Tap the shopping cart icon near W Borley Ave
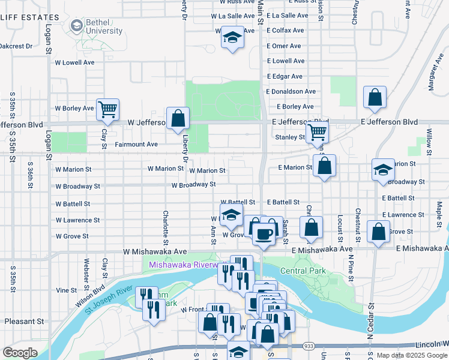pyautogui.click(x=108, y=109)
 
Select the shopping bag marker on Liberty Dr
pyautogui.click(x=178, y=119)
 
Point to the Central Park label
pyautogui.click(x=303, y=271)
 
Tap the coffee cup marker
pyautogui.click(x=263, y=233)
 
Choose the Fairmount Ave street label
pyautogui.click(x=136, y=145)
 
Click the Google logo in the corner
pyautogui.click(x=20, y=353)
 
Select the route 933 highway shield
pyautogui.click(x=309, y=346)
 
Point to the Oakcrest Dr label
pyautogui.click(x=16, y=46)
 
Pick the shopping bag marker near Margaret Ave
pyautogui.click(x=375, y=98)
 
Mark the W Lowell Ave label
pyautogui.click(x=74, y=62)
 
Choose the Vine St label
pyautogui.click(x=62, y=290)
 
